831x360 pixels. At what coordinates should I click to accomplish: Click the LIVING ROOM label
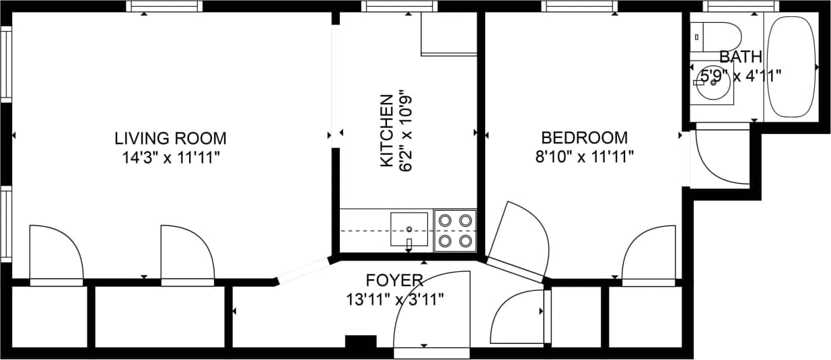pyautogui.click(x=170, y=139)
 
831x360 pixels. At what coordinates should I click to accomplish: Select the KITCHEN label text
pyautogui.click(x=387, y=131)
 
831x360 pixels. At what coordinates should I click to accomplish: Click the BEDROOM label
pyautogui.click(x=584, y=138)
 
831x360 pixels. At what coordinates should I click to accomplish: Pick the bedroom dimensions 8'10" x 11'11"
pyautogui.click(x=584, y=157)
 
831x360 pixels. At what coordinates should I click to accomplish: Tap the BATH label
pyautogui.click(x=740, y=57)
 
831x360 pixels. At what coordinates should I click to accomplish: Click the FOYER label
pyautogui.click(x=394, y=280)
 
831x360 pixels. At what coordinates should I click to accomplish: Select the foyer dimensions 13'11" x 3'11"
pyautogui.click(x=395, y=299)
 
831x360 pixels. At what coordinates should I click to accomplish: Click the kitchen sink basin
pyautogui.click(x=409, y=229)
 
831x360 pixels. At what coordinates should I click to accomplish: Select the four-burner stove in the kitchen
pyautogui.click(x=455, y=230)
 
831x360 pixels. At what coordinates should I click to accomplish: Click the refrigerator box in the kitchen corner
pyautogui.click(x=447, y=34)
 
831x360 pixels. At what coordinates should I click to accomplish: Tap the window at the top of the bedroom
pyautogui.click(x=579, y=7)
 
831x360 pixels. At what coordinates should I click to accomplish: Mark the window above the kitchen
pyautogui.click(x=399, y=7)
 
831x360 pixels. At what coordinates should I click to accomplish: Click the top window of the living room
pyautogui.click(x=164, y=7)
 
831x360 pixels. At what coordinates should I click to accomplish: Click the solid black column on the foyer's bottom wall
pyautogui.click(x=361, y=342)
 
